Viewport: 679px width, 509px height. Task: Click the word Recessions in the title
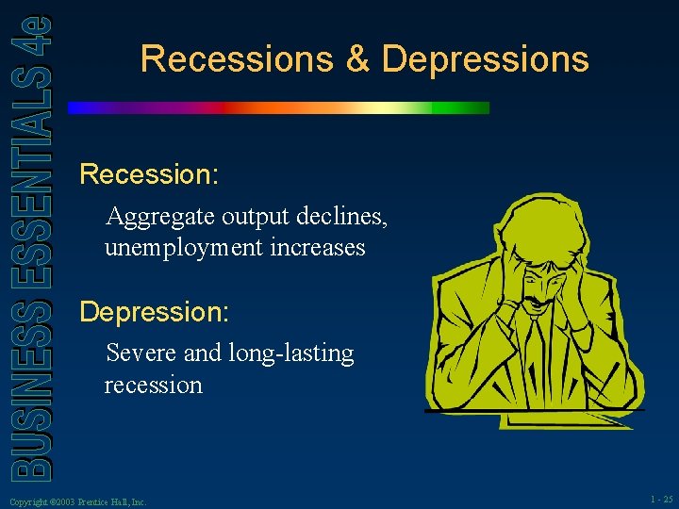pyautogui.click(x=237, y=59)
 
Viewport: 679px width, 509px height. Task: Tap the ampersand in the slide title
pyautogui.click(x=357, y=59)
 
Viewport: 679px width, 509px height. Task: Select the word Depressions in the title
pyautogui.click(x=485, y=59)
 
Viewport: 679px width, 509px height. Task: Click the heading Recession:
pyautogui.click(x=149, y=174)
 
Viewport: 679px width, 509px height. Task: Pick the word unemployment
pyautogui.click(x=183, y=248)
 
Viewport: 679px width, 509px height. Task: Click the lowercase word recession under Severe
pyautogui.click(x=154, y=385)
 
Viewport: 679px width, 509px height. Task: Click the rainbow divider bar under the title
pyautogui.click(x=279, y=108)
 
